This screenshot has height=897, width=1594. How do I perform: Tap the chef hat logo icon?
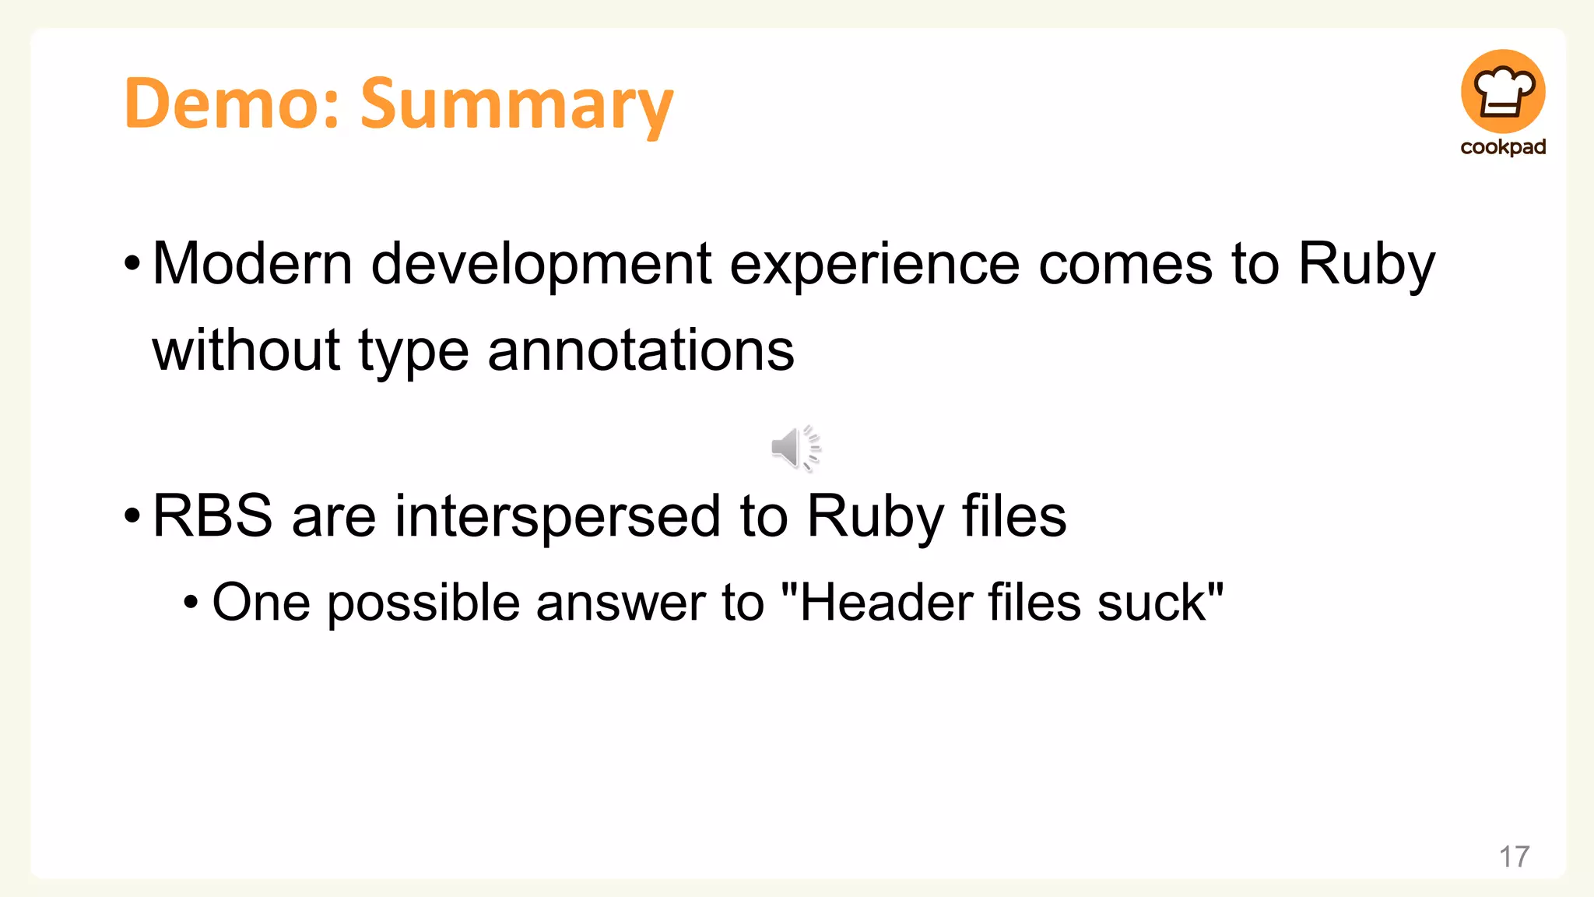(1502, 92)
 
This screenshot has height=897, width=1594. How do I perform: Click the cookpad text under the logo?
(1502, 147)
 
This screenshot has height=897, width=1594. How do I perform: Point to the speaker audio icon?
(795, 448)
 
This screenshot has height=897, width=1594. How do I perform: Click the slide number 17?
(1514, 857)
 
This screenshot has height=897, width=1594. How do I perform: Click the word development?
(541, 265)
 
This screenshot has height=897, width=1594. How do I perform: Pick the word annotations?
(641, 350)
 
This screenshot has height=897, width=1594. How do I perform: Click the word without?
(246, 350)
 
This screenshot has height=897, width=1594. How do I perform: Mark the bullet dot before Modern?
(132, 264)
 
